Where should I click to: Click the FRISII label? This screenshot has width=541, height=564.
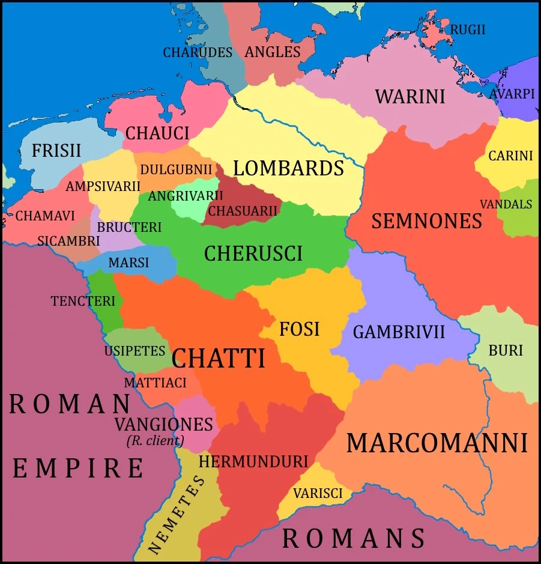click(56, 150)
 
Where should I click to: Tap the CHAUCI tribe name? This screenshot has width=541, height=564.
click(157, 133)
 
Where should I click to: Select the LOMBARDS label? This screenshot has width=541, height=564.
click(288, 168)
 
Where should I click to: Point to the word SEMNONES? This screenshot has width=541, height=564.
click(426, 221)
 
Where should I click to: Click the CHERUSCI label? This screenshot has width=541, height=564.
click(253, 253)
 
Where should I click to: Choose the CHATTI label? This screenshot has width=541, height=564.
click(218, 359)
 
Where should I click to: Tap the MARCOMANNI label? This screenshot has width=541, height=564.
click(437, 443)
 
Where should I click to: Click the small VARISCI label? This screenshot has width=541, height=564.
click(318, 493)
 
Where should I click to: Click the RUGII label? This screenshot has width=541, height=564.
click(468, 29)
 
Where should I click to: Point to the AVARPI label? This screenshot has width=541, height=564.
click(512, 94)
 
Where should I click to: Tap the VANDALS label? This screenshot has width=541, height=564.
click(506, 204)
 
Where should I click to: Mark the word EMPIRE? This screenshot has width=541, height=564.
click(78, 468)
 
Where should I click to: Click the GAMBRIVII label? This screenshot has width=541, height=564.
click(399, 332)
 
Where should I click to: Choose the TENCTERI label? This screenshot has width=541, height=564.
click(83, 301)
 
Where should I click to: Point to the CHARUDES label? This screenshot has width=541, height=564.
click(198, 52)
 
